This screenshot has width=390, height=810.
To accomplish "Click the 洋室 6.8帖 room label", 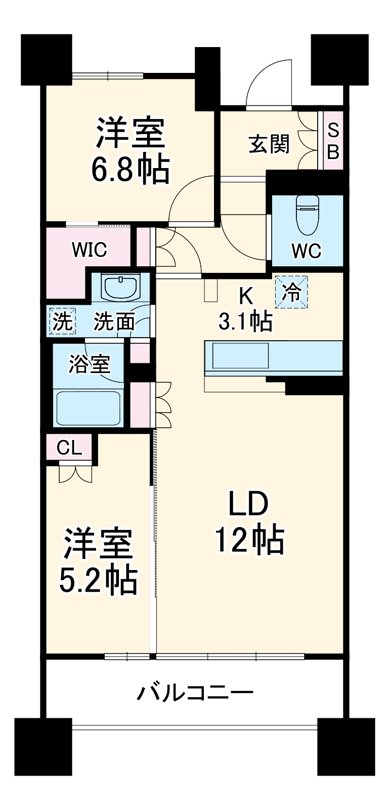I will pyautogui.click(x=130, y=150).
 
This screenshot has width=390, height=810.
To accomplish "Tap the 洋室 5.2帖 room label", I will pyautogui.click(x=98, y=561).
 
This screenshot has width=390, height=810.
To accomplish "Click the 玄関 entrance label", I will pyautogui.click(x=269, y=144).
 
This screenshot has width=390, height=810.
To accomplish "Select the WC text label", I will pyautogui.click(x=307, y=250).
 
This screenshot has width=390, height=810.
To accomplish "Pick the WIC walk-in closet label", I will pyautogui.click(x=89, y=249).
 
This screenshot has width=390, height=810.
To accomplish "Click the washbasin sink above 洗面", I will pyautogui.click(x=120, y=287).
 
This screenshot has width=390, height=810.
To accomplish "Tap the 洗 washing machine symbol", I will pyautogui.click(x=62, y=321).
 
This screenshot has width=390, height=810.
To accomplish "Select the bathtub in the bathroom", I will pyautogui.click(x=88, y=408).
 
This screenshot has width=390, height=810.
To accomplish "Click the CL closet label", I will pyautogui.click(x=69, y=448).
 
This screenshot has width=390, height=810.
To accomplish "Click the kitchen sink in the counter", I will pyautogui.click(x=240, y=355).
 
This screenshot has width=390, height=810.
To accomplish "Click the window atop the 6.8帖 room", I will pyautogui.click(x=108, y=76).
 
